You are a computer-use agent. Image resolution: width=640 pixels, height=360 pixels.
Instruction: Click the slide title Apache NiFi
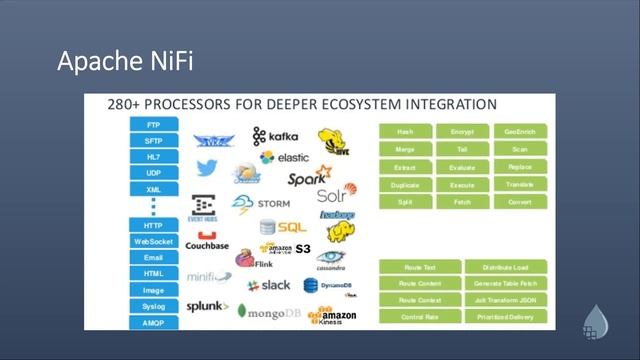[x=125, y=62]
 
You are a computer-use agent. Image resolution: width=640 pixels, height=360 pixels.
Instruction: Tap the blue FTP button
[x=154, y=125]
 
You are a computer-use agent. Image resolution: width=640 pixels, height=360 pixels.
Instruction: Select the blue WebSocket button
[x=154, y=241]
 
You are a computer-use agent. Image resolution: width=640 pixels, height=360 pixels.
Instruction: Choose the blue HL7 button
[x=154, y=157]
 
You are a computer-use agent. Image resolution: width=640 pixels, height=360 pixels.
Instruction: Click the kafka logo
[x=275, y=135]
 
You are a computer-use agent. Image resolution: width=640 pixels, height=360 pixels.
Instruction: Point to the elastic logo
[x=284, y=157]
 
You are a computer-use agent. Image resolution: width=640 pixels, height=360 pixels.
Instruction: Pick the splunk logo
[x=207, y=306]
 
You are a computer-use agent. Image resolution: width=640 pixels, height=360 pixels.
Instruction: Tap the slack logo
[x=268, y=285]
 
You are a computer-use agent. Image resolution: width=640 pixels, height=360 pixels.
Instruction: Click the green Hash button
[x=405, y=131]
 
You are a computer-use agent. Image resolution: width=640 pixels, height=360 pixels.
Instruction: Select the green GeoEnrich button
[x=520, y=131]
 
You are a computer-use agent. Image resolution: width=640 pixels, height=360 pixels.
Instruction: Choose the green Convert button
[x=520, y=202]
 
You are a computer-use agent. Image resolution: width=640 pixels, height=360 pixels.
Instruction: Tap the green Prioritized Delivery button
[x=505, y=316]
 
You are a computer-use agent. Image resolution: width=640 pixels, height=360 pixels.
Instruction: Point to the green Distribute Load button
[x=505, y=266]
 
